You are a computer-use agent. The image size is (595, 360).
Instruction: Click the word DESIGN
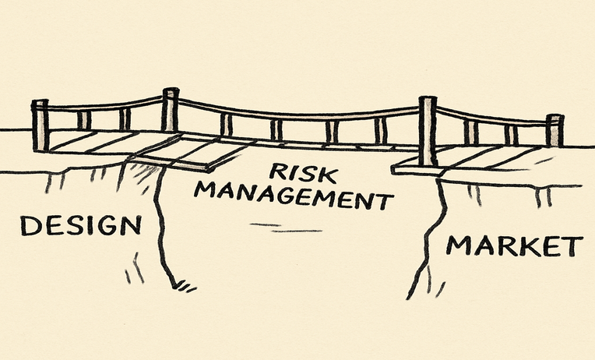click(81, 225)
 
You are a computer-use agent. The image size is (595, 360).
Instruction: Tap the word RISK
click(303, 173)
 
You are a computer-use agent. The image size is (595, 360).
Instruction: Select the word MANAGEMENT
click(294, 195)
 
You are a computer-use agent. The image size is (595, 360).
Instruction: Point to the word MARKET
click(514, 245)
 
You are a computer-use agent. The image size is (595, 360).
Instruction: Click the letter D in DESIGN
click(30, 225)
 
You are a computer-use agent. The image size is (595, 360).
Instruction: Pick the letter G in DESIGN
click(107, 225)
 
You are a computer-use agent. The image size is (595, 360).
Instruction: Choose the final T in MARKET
click(574, 246)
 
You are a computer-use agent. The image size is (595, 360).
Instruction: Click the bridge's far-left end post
click(40, 125)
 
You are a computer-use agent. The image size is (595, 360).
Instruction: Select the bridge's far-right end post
click(555, 130)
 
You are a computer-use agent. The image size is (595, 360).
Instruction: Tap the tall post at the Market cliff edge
click(428, 131)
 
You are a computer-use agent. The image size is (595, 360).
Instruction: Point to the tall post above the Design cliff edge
click(171, 109)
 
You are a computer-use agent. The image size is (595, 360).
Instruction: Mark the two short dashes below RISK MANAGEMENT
click(286, 228)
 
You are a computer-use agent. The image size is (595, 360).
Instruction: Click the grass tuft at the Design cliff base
click(185, 285)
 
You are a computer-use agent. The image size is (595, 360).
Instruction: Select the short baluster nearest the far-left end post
click(84, 120)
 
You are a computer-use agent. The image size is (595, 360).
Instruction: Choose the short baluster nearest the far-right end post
click(511, 135)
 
